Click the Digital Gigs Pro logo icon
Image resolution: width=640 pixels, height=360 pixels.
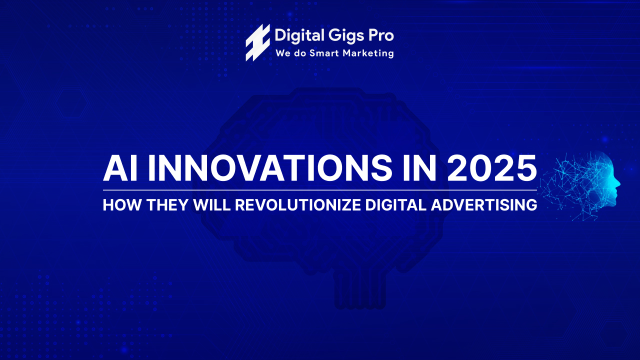(257, 42)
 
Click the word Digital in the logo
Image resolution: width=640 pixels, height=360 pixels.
(294, 35)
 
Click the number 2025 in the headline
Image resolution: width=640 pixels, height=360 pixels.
(492, 168)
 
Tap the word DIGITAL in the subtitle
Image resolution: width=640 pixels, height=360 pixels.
(394, 205)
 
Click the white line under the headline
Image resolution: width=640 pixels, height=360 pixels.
(320, 190)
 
